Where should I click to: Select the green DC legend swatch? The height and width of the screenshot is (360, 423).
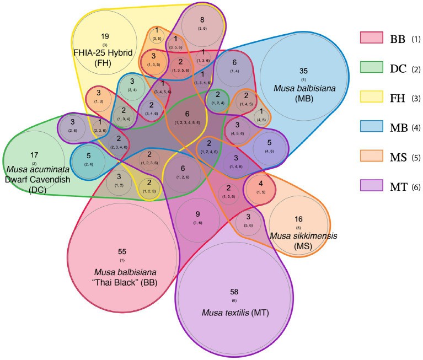click(x=371, y=68)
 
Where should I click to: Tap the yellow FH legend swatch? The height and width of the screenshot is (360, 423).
click(x=371, y=98)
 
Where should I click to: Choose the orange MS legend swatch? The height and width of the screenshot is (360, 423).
click(x=371, y=157)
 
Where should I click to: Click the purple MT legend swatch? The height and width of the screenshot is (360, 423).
click(x=371, y=186)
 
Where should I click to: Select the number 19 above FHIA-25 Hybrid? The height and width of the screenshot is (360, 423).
click(x=105, y=36)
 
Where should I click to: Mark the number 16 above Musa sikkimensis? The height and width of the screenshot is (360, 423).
click(x=298, y=219)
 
